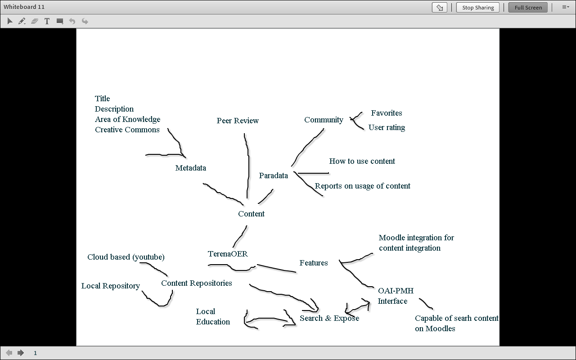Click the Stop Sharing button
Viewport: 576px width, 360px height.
click(x=477, y=8)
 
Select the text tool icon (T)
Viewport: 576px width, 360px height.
click(x=47, y=21)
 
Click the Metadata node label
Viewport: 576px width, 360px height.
click(x=190, y=168)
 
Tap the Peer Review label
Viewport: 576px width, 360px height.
click(x=238, y=121)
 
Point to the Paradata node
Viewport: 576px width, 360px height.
click(x=273, y=175)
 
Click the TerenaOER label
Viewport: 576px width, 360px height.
click(x=228, y=254)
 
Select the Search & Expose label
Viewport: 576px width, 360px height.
click(x=329, y=318)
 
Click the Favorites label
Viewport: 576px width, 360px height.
click(x=386, y=113)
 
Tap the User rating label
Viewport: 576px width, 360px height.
click(x=387, y=127)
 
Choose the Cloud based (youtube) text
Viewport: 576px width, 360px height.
click(x=126, y=257)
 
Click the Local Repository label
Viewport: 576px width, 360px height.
click(x=110, y=286)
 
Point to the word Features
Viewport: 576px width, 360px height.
click(x=314, y=263)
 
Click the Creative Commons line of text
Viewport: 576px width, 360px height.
click(x=127, y=130)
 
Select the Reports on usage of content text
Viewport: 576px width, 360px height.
click(x=362, y=186)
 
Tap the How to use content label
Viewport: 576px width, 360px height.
click(x=362, y=161)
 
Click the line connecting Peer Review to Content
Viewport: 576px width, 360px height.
click(x=248, y=166)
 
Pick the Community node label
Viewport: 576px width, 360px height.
click(x=324, y=120)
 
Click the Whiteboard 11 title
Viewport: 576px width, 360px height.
click(x=24, y=7)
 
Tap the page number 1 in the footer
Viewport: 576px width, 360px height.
click(x=35, y=353)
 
